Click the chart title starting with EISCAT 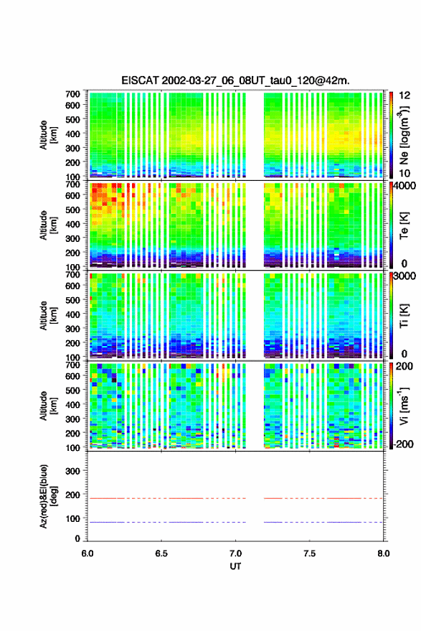(235, 80)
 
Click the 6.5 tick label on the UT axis (161, 553)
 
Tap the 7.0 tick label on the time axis (235, 553)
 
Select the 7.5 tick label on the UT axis (309, 553)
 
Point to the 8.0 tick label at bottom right (383, 553)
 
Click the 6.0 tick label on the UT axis (87, 553)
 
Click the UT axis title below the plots (235, 566)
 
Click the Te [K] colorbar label (404, 225)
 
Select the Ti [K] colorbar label (404, 316)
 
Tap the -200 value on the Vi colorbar (402, 444)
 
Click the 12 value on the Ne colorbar (405, 95)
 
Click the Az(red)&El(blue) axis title (48, 496)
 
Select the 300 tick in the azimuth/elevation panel (72, 471)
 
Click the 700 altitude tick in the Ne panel (72, 94)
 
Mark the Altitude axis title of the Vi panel (48, 406)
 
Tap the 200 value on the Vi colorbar (404, 366)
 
